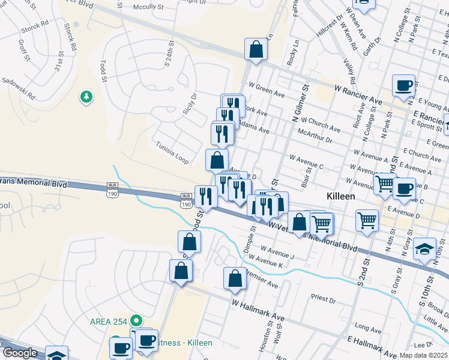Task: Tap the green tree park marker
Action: point(88,96)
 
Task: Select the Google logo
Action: point(20,353)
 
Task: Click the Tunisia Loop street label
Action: point(172,153)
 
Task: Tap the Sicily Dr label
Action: point(190,104)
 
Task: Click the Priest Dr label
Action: point(324,298)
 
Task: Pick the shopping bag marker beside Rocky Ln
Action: point(256,50)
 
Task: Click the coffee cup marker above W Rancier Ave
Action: point(404,85)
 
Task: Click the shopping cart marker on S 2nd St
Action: point(367,220)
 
